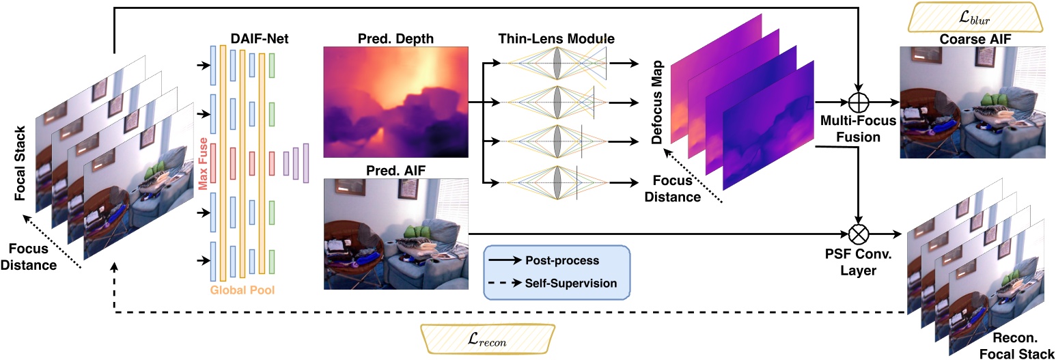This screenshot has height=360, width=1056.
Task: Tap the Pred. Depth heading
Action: [x=395, y=38]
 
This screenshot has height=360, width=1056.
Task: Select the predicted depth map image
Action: [x=395, y=102]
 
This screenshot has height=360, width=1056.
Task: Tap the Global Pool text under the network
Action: [x=242, y=290]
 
